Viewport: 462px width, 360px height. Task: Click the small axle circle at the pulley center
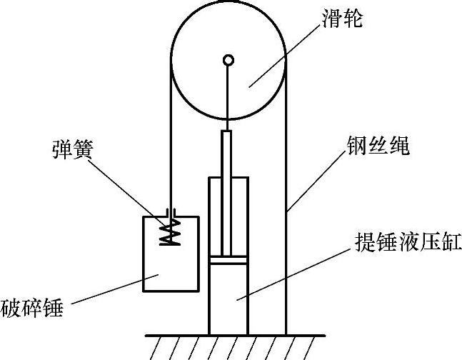[228, 60]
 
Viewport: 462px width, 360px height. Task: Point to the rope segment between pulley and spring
[170, 143]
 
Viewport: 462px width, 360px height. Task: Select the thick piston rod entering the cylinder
[228, 193]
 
